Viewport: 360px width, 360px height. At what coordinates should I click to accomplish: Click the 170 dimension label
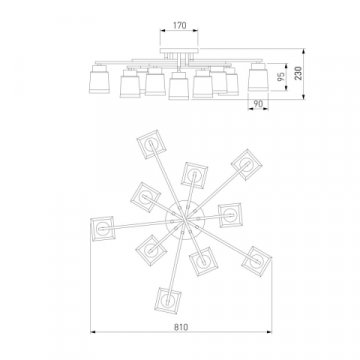tap(180, 25)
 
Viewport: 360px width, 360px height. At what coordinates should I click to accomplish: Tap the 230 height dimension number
tap(298, 73)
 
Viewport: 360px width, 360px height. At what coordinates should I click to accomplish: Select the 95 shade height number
tap(281, 77)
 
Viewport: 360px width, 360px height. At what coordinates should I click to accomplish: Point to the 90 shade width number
tap(258, 104)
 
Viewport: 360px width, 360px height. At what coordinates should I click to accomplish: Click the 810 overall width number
tap(181, 327)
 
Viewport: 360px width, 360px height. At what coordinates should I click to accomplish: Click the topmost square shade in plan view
tap(151, 144)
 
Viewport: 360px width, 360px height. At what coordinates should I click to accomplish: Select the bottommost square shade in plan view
tap(168, 301)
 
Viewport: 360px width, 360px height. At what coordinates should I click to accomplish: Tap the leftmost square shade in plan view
tap(103, 229)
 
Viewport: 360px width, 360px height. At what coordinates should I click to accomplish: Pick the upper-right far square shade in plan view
tap(247, 165)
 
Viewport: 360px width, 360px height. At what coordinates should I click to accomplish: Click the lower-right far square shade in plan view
tap(256, 261)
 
